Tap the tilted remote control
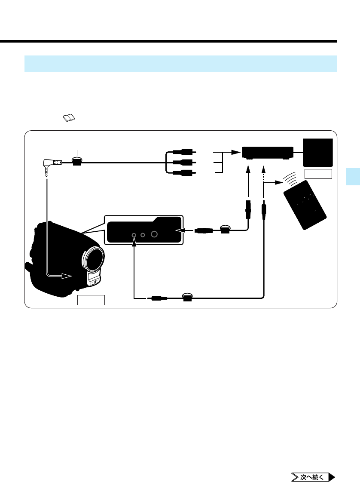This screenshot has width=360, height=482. [305, 205]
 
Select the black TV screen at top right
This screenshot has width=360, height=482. [318, 152]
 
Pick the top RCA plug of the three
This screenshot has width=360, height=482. [184, 152]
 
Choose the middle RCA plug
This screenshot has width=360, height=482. [184, 163]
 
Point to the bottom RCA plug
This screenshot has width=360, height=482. [184, 173]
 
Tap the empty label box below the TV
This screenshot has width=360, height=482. [318, 174]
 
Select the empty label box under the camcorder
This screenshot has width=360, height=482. [91, 300]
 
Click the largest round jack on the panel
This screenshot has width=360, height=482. [155, 235]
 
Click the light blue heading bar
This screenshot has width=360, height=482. [180, 64]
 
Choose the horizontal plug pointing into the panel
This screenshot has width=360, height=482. [202, 230]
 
